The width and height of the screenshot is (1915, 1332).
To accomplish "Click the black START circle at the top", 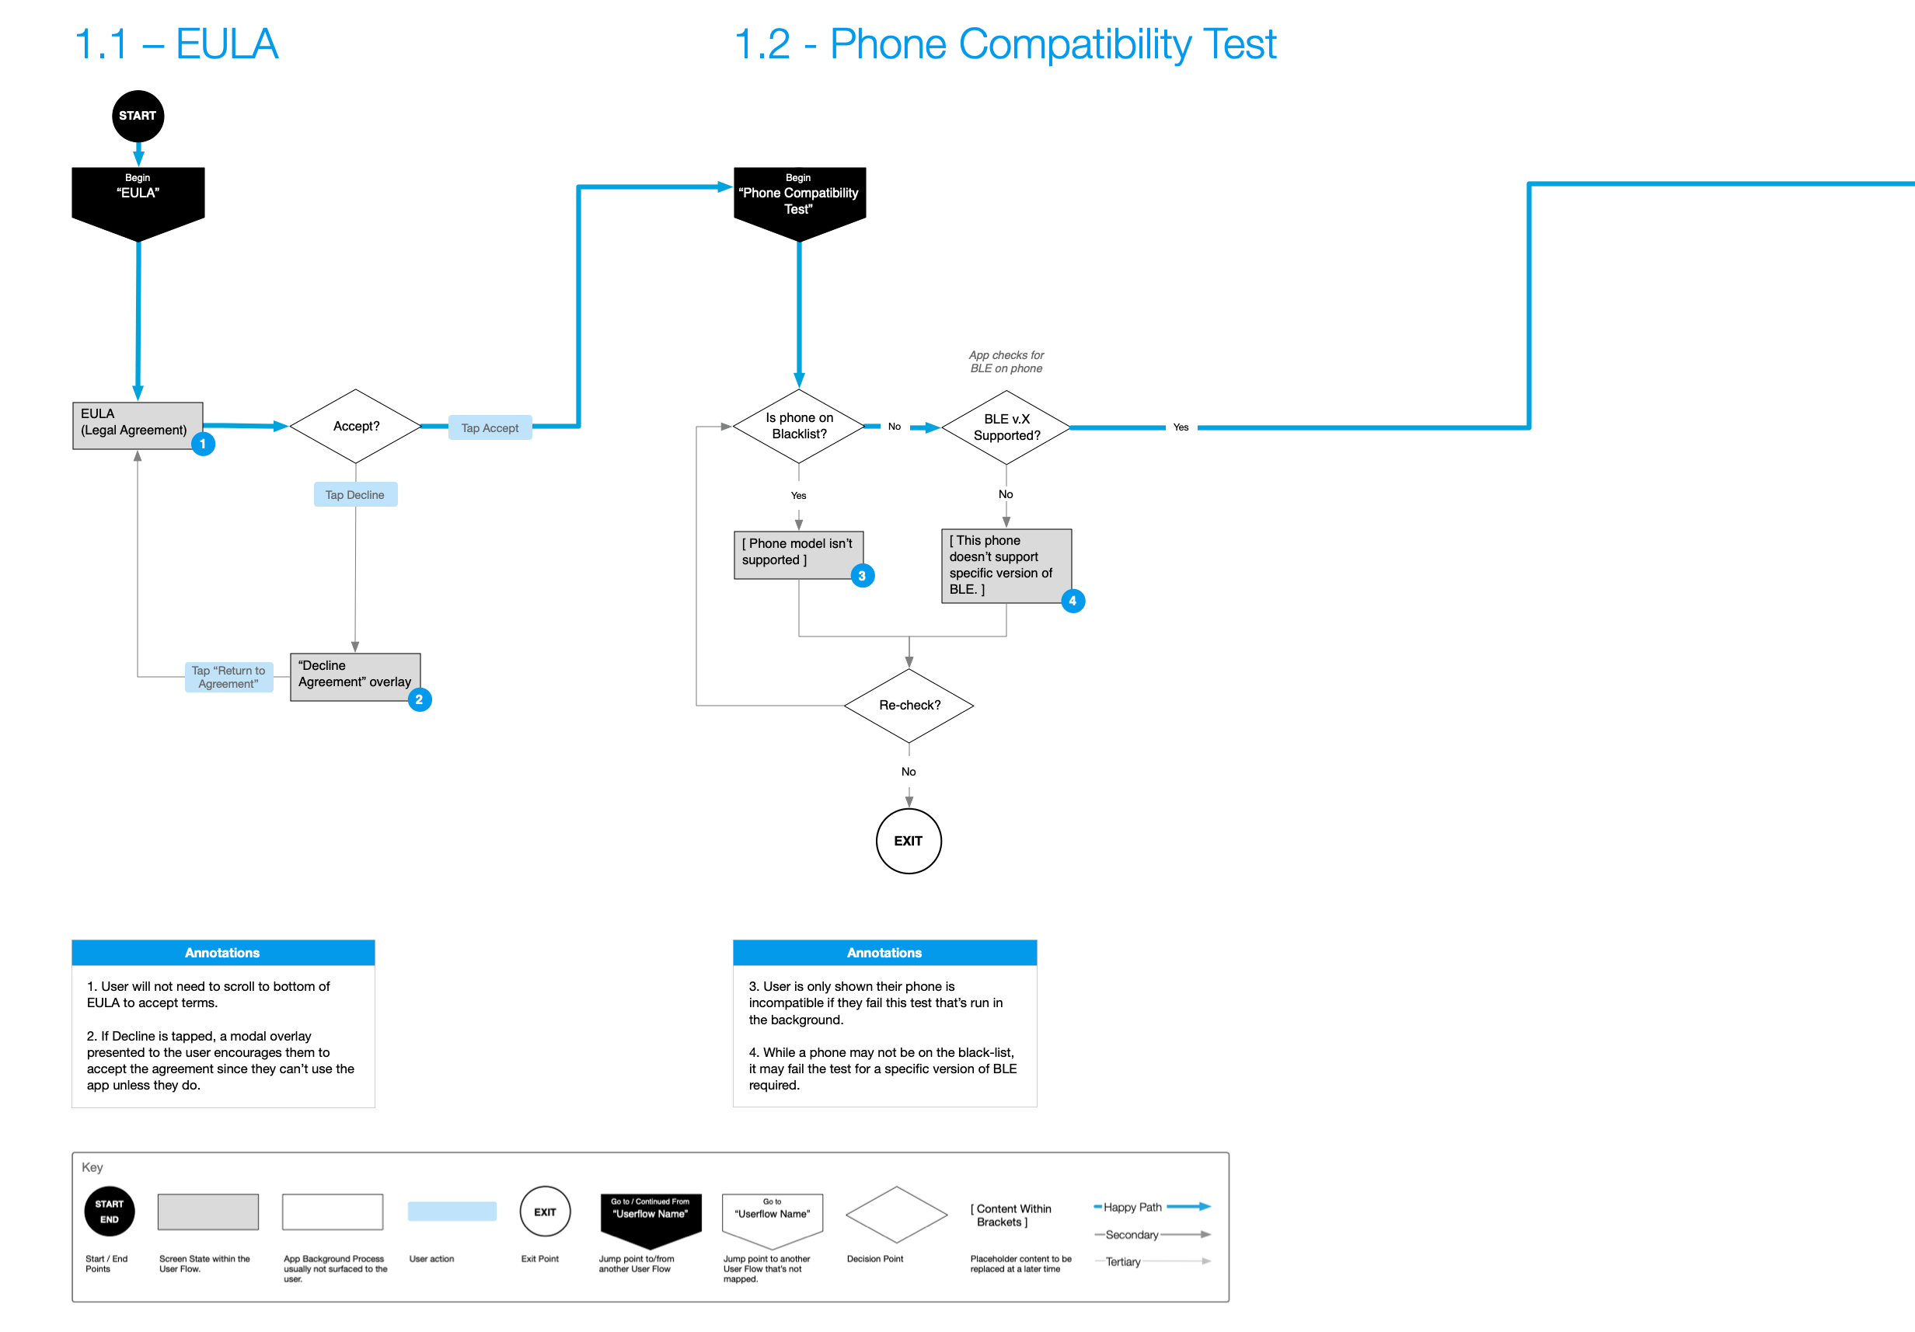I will [138, 116].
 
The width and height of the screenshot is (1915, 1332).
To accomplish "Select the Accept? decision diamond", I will [355, 426].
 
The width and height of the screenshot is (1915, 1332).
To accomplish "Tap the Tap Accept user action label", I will [490, 428].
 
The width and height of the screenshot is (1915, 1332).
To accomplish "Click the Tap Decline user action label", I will [355, 494].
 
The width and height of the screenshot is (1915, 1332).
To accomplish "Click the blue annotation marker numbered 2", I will [420, 699].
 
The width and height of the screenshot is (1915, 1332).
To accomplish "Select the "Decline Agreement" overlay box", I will [354, 675].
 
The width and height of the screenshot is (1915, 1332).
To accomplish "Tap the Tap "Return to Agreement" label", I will [228, 676].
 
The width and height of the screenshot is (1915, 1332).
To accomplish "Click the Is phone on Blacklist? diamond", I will [799, 426].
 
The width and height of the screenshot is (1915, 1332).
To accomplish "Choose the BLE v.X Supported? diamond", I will [1006, 427].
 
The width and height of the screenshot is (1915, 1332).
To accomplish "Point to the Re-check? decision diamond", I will [909, 706].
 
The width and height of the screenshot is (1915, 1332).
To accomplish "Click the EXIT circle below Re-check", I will [909, 841].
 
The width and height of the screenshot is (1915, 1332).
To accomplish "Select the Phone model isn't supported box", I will [797, 554].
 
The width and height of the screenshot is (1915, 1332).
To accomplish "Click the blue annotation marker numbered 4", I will [1073, 601].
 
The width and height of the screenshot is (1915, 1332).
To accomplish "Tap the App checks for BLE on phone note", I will [1006, 362].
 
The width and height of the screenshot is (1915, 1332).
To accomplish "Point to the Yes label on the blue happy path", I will [1181, 427].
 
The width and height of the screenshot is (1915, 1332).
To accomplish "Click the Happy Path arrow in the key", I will [1188, 1206].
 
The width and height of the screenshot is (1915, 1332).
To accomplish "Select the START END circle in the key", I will [110, 1211].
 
